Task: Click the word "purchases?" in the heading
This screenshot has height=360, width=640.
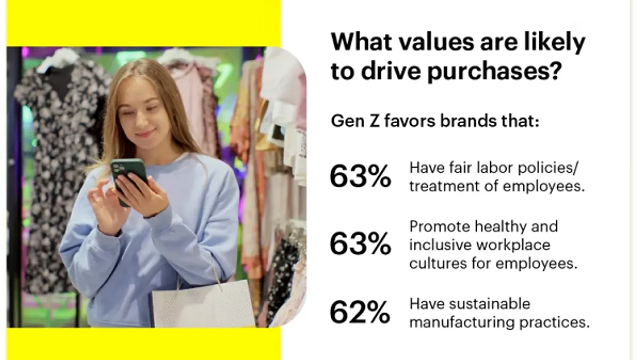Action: point(494,71)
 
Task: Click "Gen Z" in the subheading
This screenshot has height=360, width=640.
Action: point(355,121)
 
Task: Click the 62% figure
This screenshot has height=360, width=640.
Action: point(360,313)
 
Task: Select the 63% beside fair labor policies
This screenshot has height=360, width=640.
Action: point(361,176)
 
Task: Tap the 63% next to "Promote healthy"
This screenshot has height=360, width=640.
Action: point(361,244)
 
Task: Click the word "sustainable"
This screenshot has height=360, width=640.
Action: point(490,303)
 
